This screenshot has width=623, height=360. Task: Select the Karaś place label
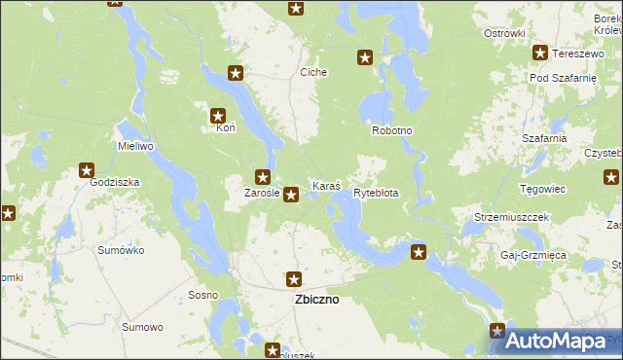coord(325,185)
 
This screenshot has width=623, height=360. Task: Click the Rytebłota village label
coord(376,193)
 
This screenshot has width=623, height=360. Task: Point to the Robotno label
coord(392,130)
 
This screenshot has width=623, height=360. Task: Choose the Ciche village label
coord(313,72)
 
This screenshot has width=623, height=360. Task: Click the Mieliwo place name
coord(136,146)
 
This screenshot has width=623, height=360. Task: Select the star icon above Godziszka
coord(87,170)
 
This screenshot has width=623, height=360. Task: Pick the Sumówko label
coord(121,250)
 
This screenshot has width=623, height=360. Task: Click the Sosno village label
coord(202,295)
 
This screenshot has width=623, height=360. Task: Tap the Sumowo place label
coord(142,327)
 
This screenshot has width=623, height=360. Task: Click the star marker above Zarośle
coord(262,177)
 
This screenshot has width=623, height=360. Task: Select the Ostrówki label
coord(504,33)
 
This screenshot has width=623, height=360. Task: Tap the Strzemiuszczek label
coord(512,216)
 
